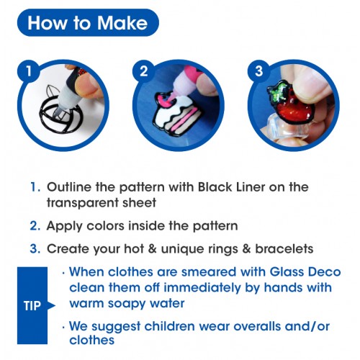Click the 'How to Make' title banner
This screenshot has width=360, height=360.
point(88,23)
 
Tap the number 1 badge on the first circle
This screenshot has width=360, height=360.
point(29,71)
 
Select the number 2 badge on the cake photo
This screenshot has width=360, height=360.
point(144,71)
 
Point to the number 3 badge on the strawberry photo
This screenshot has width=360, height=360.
point(259,71)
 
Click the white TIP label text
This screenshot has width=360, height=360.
point(32,306)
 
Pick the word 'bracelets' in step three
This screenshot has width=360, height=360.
point(284,249)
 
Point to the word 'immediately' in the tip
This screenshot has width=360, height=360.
point(202,288)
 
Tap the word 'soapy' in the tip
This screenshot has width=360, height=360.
point(126,304)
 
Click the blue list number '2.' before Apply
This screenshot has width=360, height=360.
point(35,226)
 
